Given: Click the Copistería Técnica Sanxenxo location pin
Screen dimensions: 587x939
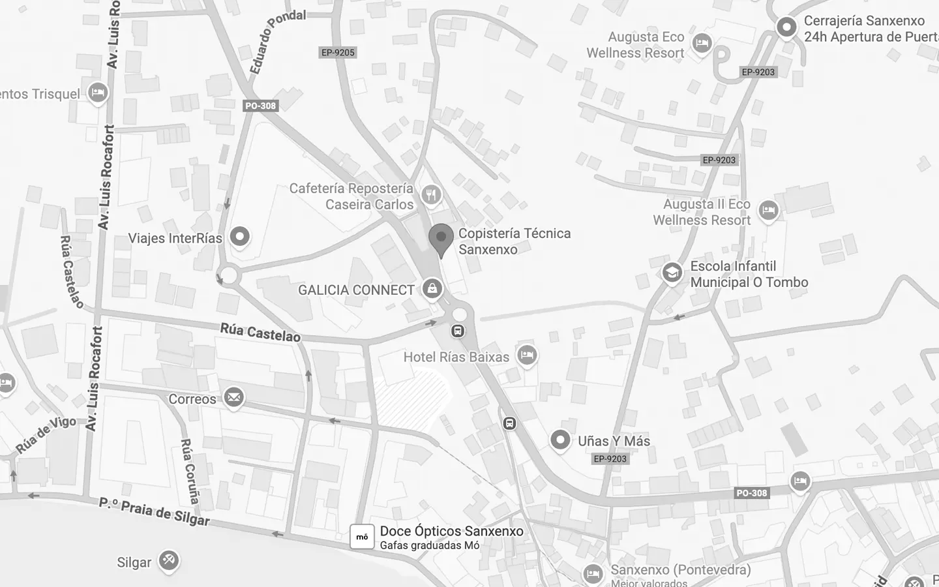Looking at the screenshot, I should point(441,239).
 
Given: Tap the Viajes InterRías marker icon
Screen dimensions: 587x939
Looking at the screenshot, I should point(239,237).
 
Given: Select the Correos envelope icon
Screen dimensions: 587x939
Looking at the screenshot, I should point(233,397).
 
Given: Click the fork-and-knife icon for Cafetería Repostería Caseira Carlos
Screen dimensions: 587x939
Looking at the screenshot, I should point(430,194).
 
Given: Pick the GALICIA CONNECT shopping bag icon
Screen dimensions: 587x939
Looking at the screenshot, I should point(432,288).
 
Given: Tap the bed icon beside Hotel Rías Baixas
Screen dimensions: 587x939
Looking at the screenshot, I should point(527,355).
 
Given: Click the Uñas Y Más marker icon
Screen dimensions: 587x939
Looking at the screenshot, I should point(559,440).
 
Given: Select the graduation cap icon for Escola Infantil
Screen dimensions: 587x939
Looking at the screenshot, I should point(672,273).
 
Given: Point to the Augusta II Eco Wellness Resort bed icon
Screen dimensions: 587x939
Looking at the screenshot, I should point(769,211).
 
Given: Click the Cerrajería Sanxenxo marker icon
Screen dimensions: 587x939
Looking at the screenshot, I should point(786,27).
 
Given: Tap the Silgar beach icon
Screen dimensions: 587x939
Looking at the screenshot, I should point(169,560).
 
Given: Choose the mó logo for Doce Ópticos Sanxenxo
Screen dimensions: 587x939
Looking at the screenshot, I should point(362,537).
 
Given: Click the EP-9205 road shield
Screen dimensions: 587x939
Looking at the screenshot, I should point(338,52).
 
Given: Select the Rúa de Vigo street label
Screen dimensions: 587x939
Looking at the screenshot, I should point(46,434).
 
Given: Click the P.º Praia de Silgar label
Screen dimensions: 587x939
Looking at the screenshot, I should point(155,511).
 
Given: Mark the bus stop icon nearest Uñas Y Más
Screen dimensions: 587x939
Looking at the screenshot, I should point(509,423).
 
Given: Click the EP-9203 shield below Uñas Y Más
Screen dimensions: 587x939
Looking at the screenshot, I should point(610,459).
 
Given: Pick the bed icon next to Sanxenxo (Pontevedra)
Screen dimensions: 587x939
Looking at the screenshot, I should point(593,573).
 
